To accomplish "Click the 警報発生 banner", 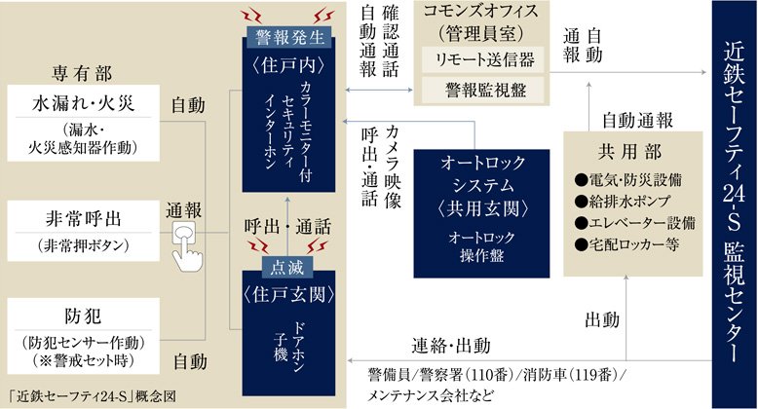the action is [289, 37].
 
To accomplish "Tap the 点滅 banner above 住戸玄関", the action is [287, 267].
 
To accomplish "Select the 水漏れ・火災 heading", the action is [83, 103].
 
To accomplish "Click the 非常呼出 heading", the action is [83, 219].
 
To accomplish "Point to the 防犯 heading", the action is [83, 316].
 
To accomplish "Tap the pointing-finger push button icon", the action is [186, 245].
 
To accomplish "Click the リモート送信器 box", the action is [483, 60].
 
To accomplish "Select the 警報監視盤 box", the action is [483, 90].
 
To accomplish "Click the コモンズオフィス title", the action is [481, 11].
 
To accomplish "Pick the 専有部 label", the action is [82, 74].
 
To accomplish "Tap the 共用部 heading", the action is [630, 152].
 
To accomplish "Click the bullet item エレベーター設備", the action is [634, 223].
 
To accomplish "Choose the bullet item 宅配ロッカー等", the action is [627, 244].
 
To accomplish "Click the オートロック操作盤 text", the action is [481, 246].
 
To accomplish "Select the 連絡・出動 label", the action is [451, 346].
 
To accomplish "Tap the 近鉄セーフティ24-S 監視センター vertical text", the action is [735, 204].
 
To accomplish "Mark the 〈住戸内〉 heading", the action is [288, 66].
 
